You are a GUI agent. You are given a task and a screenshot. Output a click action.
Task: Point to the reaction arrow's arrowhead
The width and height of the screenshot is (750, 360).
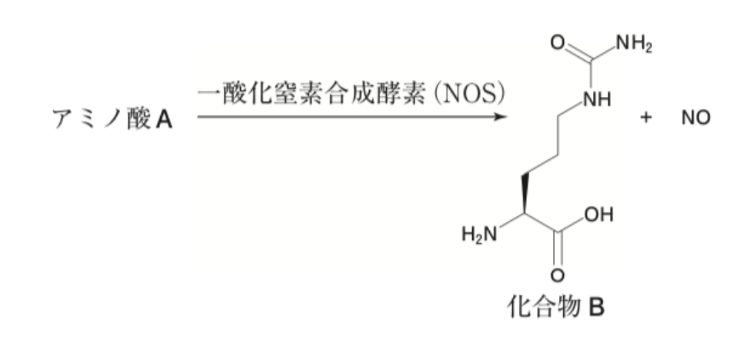click(500, 116)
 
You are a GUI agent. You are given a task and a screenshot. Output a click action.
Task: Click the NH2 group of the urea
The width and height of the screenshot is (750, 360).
click(634, 44)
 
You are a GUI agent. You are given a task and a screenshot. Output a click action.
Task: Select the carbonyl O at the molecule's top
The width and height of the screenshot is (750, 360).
click(557, 43)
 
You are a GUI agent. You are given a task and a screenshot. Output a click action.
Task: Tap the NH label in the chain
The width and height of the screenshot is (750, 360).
click(597, 100)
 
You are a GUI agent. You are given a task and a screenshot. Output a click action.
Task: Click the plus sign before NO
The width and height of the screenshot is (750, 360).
click(646, 118)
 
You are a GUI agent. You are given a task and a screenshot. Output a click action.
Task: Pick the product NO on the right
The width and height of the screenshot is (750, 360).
click(696, 118)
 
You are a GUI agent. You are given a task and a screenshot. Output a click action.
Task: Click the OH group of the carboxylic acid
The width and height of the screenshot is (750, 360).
click(598, 215)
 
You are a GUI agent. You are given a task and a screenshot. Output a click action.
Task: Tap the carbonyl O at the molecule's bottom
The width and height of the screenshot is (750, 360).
click(557, 276)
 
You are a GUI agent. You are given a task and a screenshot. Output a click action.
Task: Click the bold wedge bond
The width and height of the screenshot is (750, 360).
click(525, 194)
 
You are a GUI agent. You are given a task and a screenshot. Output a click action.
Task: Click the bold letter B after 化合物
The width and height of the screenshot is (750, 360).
click(596, 307)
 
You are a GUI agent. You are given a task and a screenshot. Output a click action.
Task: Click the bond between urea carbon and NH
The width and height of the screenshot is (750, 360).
click(591, 76)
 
